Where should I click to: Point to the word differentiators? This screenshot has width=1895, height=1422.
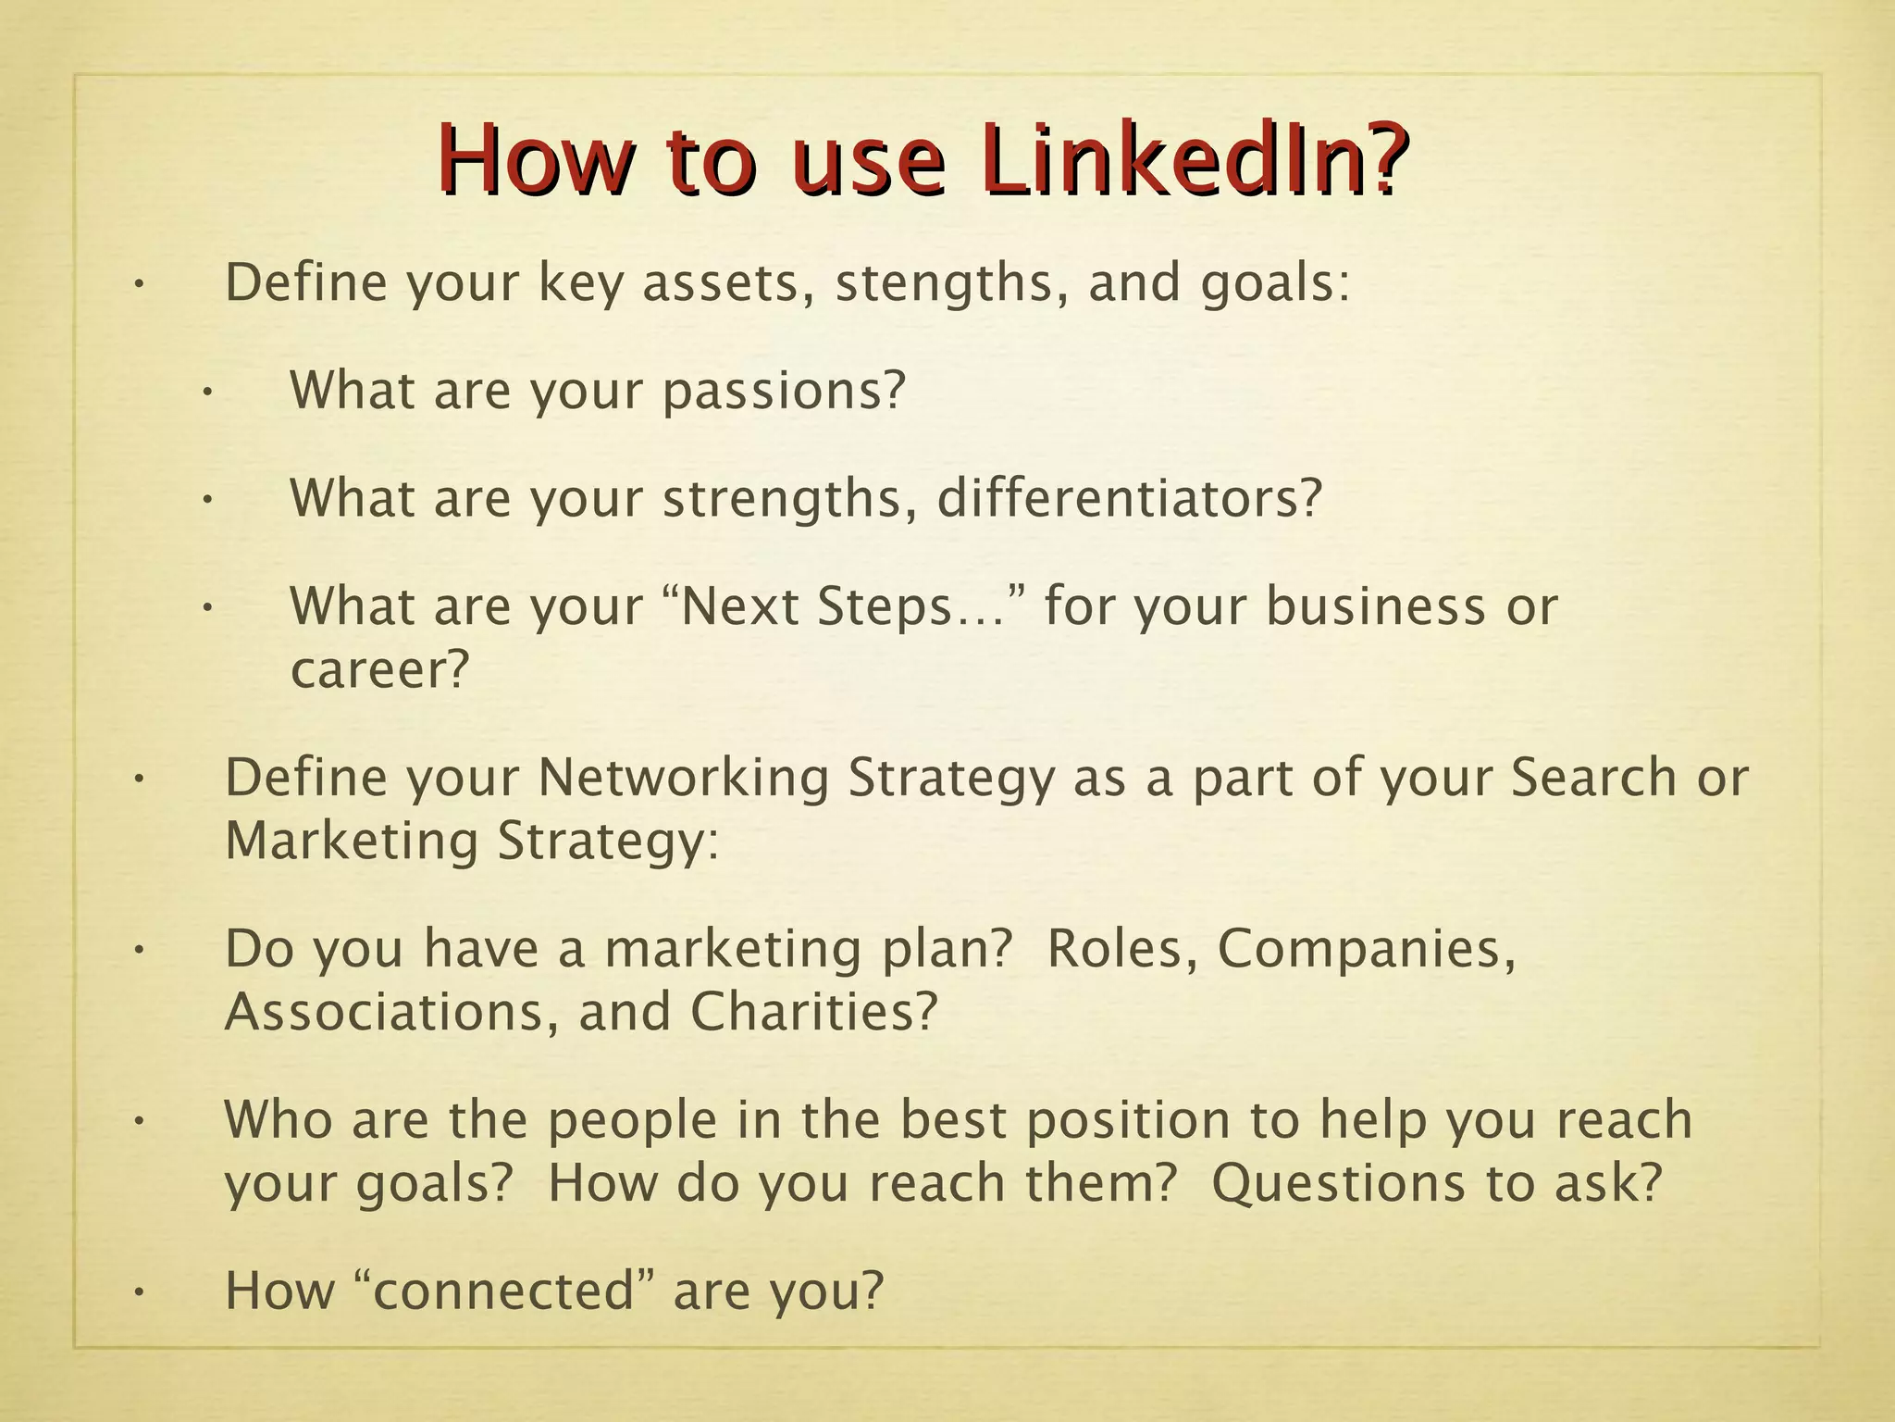[1130, 498]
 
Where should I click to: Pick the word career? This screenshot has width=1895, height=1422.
[380, 669]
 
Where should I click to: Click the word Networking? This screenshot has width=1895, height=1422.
[684, 777]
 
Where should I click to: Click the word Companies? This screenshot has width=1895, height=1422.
[1367, 948]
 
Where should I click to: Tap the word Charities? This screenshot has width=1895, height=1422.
[813, 1012]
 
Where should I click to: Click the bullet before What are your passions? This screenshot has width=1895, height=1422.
[207, 393]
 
